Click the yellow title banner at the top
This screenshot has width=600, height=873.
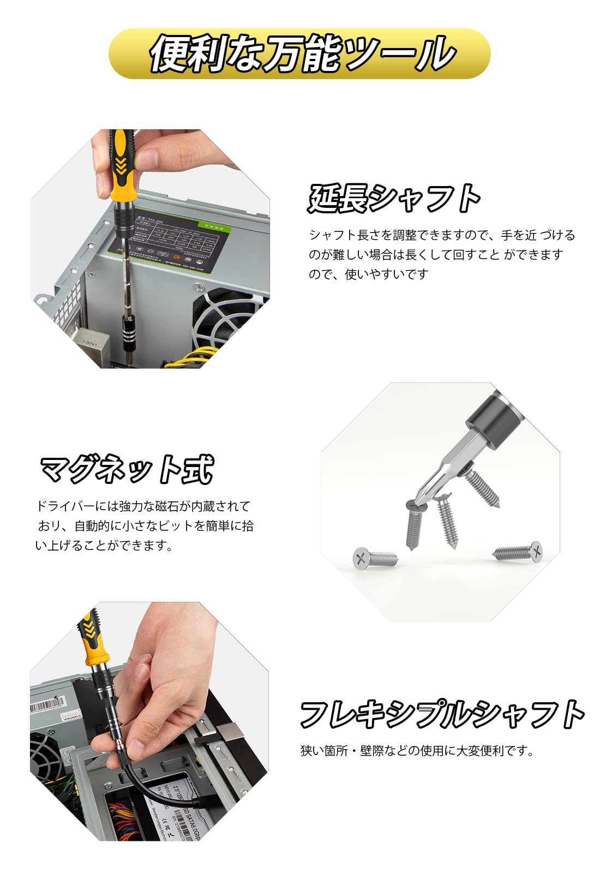pyautogui.click(x=300, y=53)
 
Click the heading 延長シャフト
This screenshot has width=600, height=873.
pyautogui.click(x=394, y=198)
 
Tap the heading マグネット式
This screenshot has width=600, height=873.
pyautogui.click(x=127, y=469)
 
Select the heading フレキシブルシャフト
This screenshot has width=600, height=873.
pyautogui.click(x=442, y=714)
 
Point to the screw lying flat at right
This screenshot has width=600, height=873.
pyautogui.click(x=519, y=552)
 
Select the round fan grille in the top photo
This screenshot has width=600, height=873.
pyautogui.click(x=232, y=322)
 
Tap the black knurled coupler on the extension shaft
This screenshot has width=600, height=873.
pyautogui.click(x=131, y=327)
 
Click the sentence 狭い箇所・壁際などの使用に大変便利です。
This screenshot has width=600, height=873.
pyautogui.click(x=417, y=751)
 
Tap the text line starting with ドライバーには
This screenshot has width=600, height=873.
pyautogui.click(x=143, y=506)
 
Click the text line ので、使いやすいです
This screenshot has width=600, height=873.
pyautogui.click(x=369, y=274)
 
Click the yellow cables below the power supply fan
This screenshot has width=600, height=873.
pyautogui.click(x=188, y=358)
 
